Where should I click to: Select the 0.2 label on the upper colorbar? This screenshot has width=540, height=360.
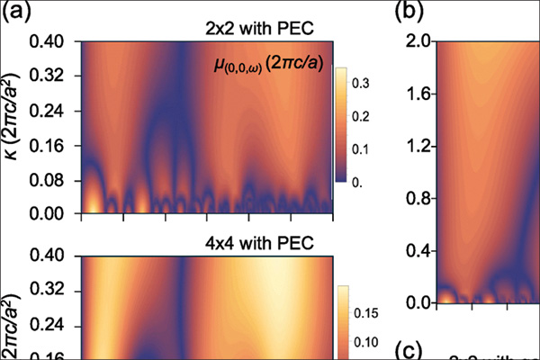364,116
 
